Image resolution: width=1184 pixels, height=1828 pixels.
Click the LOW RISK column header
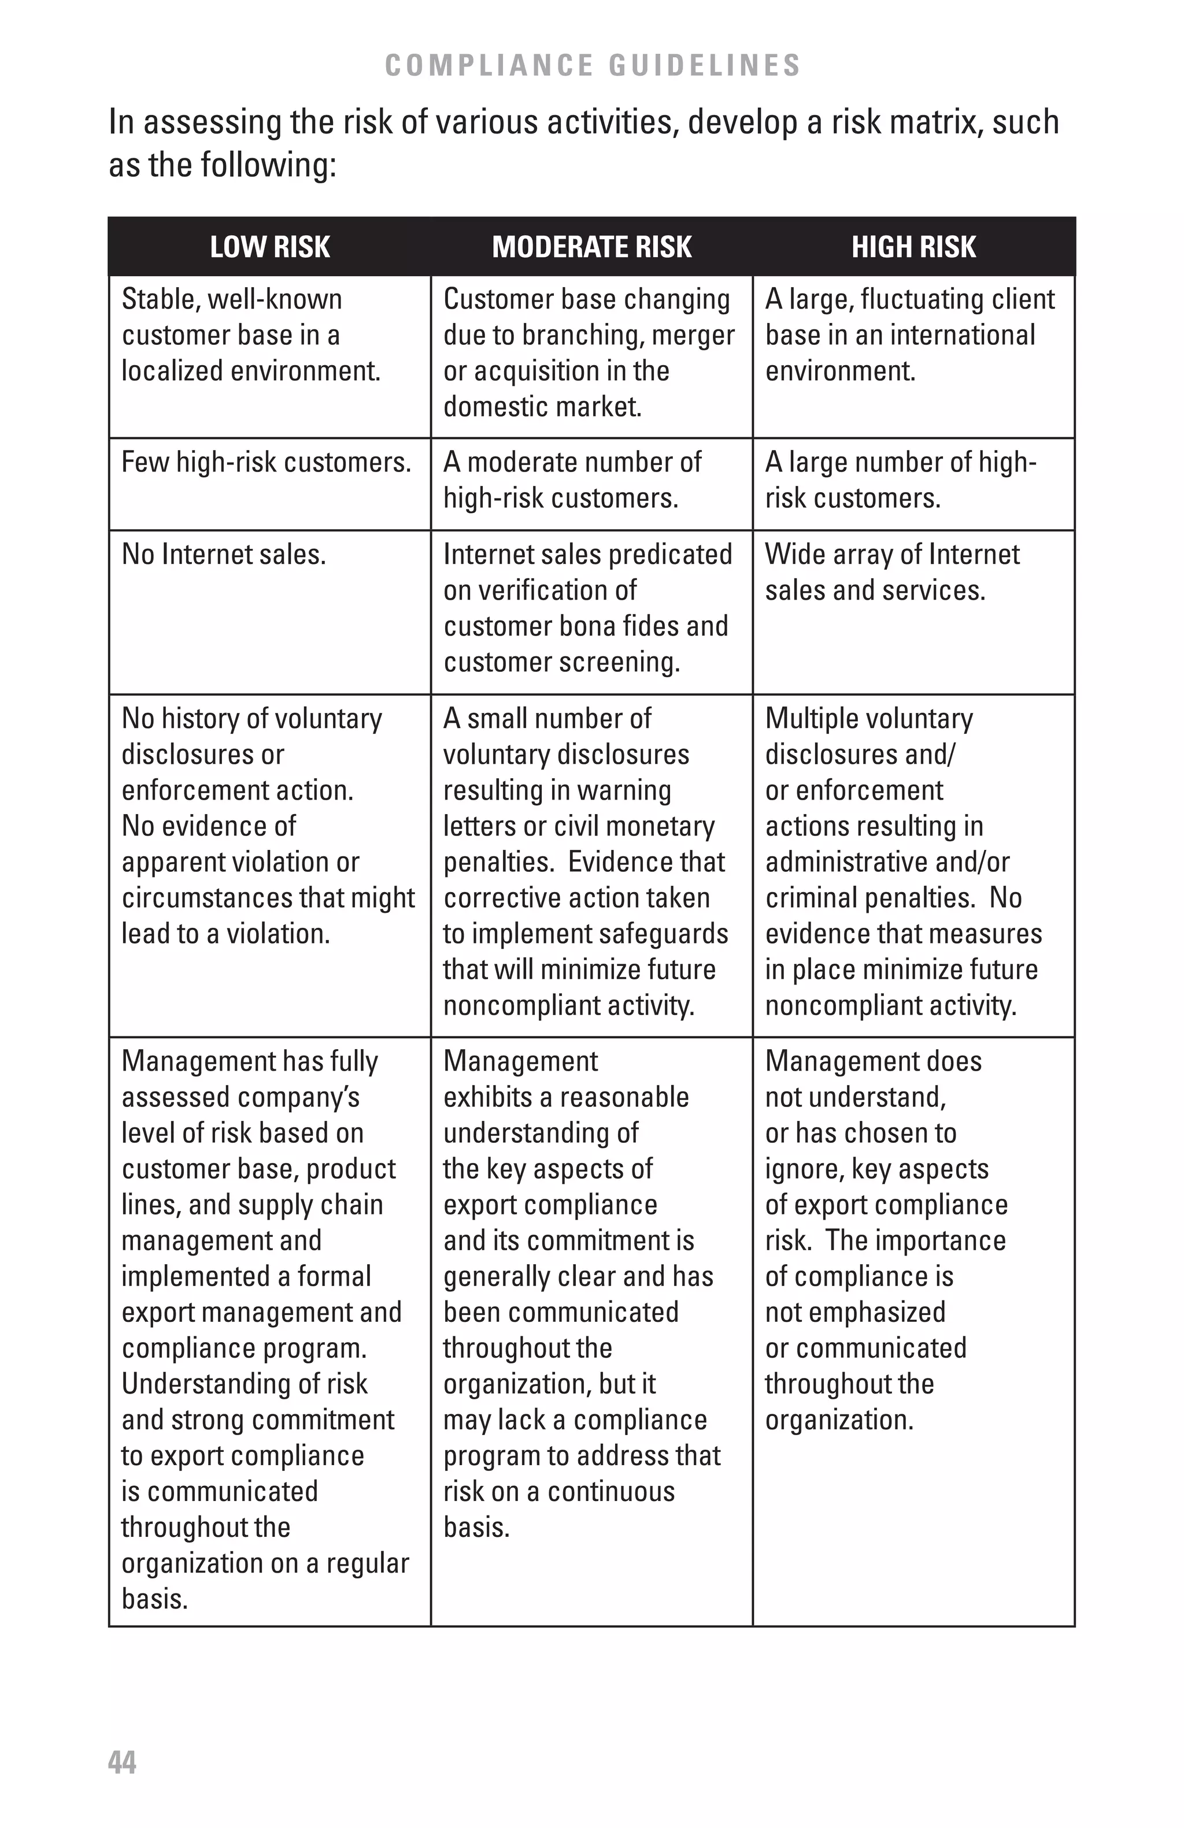(x=269, y=247)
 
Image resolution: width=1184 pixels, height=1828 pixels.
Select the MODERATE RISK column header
(x=591, y=247)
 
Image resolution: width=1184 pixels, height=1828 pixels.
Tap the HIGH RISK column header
(x=913, y=247)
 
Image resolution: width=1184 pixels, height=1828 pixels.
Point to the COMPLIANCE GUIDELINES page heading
(x=593, y=65)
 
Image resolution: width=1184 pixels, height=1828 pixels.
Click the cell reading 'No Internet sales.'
(x=224, y=555)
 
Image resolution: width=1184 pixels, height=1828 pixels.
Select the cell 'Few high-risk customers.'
(x=266, y=462)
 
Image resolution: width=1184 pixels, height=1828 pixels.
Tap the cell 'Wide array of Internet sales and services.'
(x=891, y=572)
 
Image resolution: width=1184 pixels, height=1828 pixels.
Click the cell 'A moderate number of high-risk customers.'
(x=572, y=480)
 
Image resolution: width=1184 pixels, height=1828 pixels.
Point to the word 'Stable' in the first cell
(x=157, y=299)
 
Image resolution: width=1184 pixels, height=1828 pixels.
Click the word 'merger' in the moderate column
(x=693, y=336)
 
